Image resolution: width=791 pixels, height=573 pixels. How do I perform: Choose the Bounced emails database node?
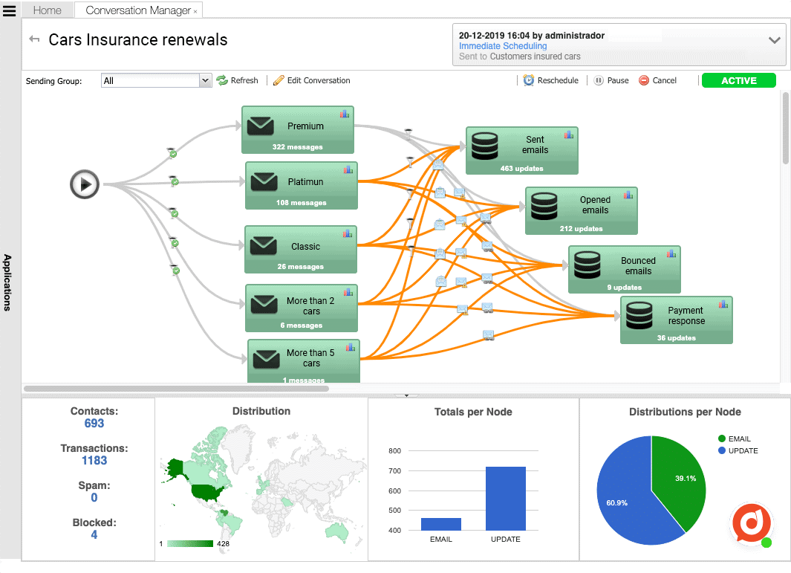[624, 269]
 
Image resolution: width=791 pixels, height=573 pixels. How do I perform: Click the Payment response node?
[676, 320]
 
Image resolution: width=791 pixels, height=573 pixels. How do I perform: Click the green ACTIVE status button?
[738, 81]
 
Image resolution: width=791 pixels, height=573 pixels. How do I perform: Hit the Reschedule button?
[550, 80]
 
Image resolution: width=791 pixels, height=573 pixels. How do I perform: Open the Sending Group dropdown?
[206, 80]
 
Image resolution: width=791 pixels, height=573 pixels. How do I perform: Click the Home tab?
[48, 10]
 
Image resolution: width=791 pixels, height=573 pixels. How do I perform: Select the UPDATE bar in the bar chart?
[506, 498]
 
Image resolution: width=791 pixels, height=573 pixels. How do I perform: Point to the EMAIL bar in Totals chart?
[441, 524]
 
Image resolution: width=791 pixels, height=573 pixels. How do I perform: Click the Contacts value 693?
[94, 424]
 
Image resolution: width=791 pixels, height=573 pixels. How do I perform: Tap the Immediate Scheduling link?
[503, 46]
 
